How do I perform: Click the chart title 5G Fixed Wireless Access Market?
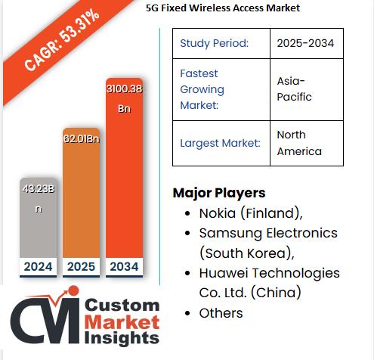pos(223,8)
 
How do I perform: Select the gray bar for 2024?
pos(38,227)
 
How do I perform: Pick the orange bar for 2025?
pos(82,204)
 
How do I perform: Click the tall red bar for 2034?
pos(125,182)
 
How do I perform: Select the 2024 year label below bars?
pos(38,266)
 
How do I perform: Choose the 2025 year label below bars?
pos(82,266)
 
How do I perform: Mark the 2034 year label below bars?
pos(125,266)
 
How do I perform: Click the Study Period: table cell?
pos(221,43)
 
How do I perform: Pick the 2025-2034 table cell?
pos(306,43)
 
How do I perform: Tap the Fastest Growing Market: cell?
pos(221,89)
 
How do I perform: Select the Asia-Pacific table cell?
pos(306,89)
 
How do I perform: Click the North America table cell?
pos(306,143)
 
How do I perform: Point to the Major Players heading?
pos(219,193)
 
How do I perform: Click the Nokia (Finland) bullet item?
pos(250,213)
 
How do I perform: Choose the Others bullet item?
pos(221,312)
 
